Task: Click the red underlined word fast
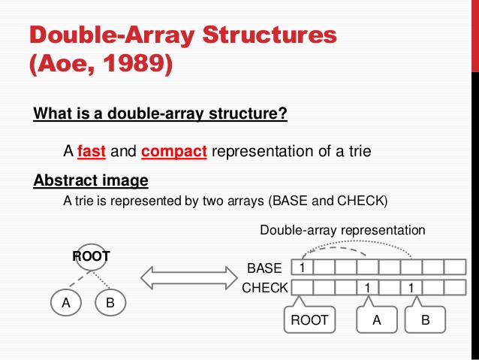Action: [x=92, y=151]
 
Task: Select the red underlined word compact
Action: [x=173, y=151]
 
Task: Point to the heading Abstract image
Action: [x=91, y=181]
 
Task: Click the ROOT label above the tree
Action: [x=91, y=256]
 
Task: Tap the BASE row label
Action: [x=264, y=268]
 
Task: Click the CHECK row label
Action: [x=264, y=287]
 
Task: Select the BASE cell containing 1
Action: [x=301, y=268]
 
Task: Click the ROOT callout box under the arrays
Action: [x=309, y=320]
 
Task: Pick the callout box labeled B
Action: [x=426, y=320]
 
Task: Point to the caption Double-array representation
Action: [x=342, y=230]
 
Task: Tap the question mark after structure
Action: [x=285, y=115]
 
